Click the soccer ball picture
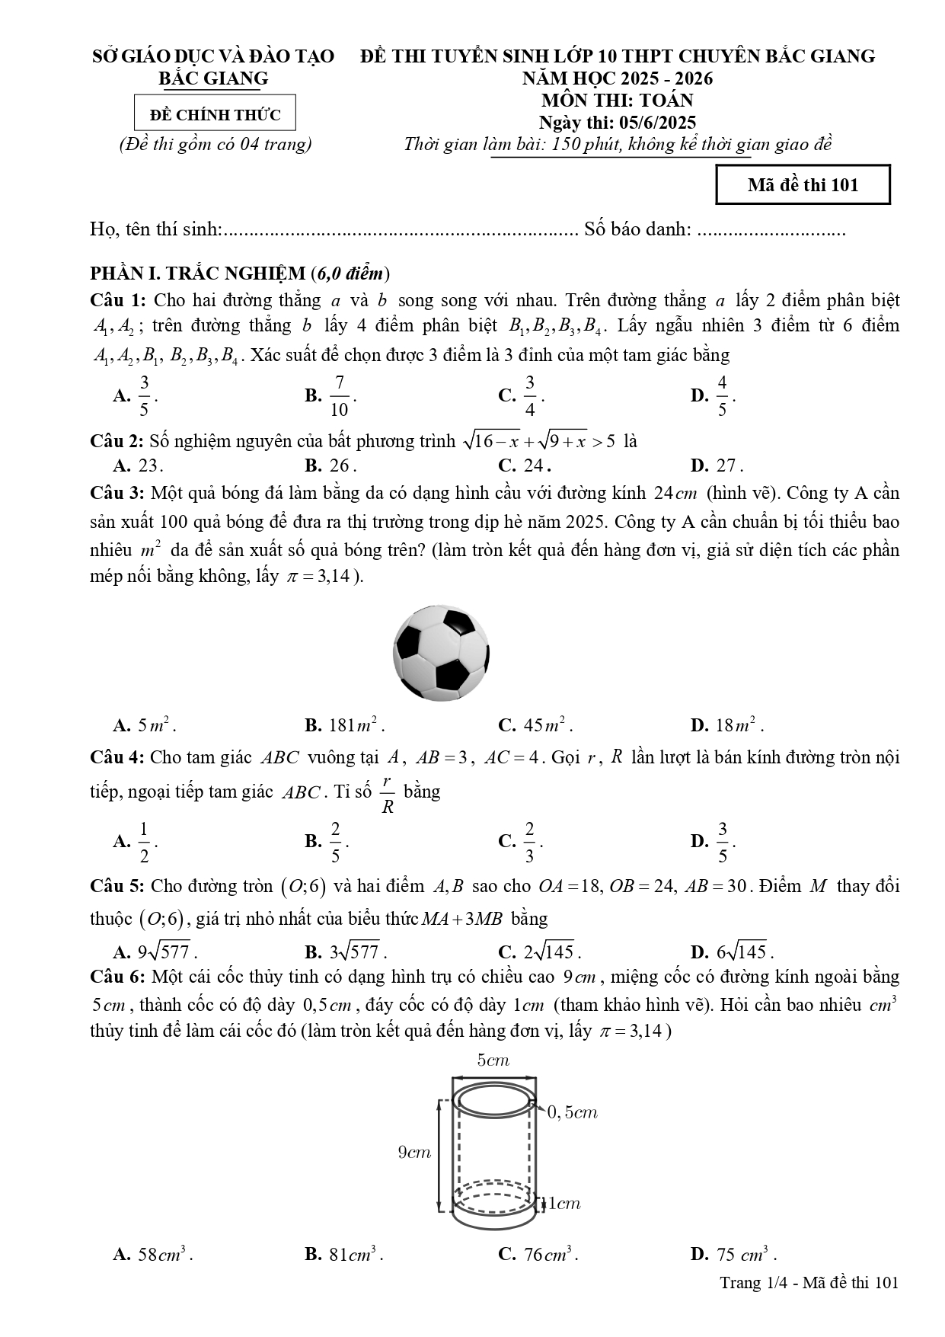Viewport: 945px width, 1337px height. pos(441,653)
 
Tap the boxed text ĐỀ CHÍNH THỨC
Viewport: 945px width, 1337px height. pos(215,115)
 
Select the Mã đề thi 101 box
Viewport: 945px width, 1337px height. pos(803,185)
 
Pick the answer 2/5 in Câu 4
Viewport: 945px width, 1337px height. pos(335,842)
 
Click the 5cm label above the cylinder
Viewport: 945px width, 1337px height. pos(493,1060)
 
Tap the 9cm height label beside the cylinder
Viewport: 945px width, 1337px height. pos(414,1153)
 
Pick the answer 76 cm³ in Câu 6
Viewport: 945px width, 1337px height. pos(548,1255)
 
